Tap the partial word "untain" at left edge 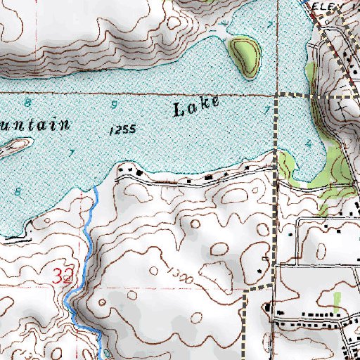click(35, 125)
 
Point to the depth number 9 click(114, 105)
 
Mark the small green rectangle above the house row click(338, 300)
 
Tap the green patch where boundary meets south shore click(285, 166)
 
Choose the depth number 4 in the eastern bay click(309, 143)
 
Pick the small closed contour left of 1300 click(153, 270)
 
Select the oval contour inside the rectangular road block click(323, 248)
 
